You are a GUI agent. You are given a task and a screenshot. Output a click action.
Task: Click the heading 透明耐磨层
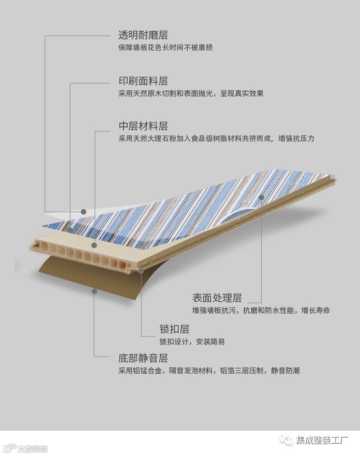click(x=143, y=35)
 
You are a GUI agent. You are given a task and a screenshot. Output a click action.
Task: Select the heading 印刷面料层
click(x=143, y=81)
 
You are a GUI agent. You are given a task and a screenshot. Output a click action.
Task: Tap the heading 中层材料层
click(x=143, y=126)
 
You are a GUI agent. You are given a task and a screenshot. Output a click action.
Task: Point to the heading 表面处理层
click(x=217, y=298)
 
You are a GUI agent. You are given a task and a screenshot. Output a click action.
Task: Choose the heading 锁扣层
click(x=174, y=329)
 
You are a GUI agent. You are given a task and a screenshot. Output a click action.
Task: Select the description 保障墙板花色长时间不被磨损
click(x=165, y=48)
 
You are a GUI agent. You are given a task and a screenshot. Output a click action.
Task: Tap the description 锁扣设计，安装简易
click(x=192, y=342)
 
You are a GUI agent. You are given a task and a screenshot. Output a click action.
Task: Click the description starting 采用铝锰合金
click(x=209, y=370)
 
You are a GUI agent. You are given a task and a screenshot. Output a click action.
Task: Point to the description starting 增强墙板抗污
click(x=261, y=311)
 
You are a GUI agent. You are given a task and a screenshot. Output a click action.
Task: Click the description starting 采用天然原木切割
click(x=191, y=94)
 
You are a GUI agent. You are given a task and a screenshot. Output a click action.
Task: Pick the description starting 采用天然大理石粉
click(x=216, y=138)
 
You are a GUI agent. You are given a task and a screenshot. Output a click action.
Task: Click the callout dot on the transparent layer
click(x=84, y=211)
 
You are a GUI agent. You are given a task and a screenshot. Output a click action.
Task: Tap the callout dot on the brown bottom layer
click(x=94, y=291)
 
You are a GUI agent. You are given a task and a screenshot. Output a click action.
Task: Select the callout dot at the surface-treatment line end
click(x=261, y=197)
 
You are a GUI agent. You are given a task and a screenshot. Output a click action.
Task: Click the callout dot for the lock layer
click(x=141, y=271)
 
